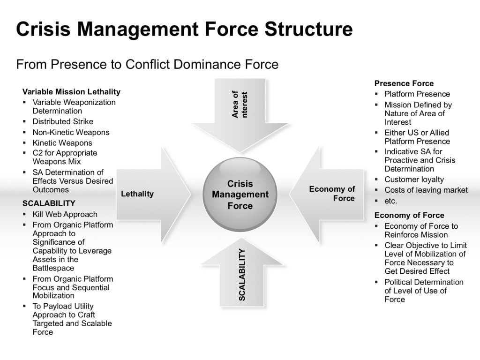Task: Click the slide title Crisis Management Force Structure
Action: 184,30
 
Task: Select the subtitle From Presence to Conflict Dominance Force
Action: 147,64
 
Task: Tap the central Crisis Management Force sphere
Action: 240,195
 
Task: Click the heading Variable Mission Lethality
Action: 71,92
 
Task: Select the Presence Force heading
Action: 404,83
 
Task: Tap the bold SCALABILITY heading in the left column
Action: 49,203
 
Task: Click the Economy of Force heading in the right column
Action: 409,215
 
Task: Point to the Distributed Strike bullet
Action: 63,122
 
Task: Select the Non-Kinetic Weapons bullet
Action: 71,132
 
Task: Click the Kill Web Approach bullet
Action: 65,214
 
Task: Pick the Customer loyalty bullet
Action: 414,180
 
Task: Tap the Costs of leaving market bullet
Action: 426,190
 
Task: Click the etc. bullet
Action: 391,201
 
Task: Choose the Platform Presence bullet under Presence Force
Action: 417,94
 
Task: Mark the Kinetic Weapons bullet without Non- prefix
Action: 62,142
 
